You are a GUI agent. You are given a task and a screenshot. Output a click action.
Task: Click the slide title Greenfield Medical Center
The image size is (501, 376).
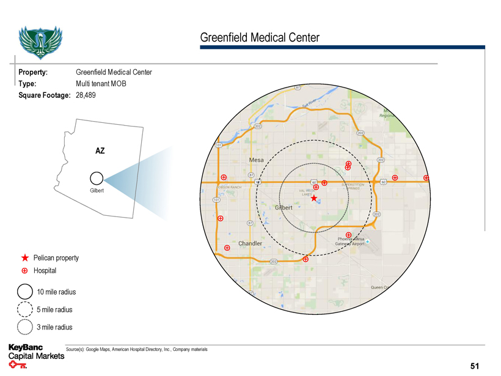coord(260,38)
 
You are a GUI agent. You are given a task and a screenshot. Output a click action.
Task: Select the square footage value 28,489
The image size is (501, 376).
coord(86,95)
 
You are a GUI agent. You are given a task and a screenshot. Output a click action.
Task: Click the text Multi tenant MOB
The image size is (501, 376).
coord(101,84)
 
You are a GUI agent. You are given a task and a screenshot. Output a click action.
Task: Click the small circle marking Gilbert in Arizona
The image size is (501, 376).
coord(96,179)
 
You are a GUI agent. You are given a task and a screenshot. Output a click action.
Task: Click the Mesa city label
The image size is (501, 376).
coord(256,160)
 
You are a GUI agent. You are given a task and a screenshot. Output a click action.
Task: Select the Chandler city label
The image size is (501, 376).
coord(250,243)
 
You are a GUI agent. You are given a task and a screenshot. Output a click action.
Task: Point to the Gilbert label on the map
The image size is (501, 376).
coord(284,208)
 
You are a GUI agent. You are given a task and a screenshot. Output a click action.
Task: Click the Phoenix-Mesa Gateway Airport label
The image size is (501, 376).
coord(351,241)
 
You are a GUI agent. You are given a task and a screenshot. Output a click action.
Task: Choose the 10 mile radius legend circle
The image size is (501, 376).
coord(25,292)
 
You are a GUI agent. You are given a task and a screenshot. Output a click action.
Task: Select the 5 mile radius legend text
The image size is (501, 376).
coord(54,309)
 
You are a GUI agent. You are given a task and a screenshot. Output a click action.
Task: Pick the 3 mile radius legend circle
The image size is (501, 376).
coord(25,327)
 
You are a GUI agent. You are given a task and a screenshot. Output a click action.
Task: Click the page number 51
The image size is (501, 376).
coord(475,366)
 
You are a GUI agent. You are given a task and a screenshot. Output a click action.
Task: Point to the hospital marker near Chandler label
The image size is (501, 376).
coord(227,248)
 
